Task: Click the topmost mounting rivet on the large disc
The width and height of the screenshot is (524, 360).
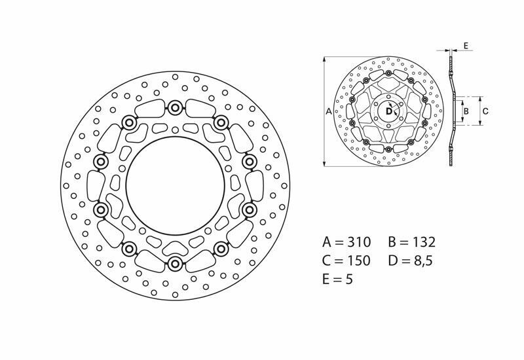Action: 175,107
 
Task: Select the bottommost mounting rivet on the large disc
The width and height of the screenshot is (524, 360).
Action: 175,264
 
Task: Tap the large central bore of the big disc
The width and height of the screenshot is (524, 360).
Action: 175,186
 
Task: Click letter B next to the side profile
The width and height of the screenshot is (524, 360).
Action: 466,112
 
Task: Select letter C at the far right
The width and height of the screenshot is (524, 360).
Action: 485,112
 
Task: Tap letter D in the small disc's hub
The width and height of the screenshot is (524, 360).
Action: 388,112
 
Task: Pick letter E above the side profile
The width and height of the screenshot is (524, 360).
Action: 465,45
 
